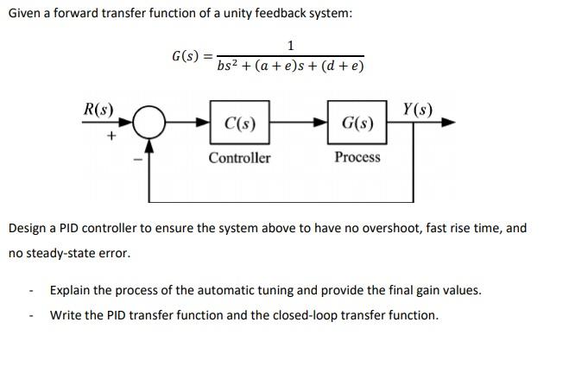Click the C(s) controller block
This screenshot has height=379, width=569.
(239, 123)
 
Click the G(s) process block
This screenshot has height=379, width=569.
(357, 123)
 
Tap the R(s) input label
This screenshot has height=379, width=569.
(98, 110)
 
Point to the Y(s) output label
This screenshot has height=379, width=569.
(418, 110)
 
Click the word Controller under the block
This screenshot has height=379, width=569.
(239, 158)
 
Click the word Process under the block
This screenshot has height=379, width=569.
(357, 157)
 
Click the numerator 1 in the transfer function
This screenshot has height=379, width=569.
(291, 45)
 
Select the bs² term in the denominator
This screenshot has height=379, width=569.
(231, 66)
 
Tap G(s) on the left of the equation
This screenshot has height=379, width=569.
(186, 56)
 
